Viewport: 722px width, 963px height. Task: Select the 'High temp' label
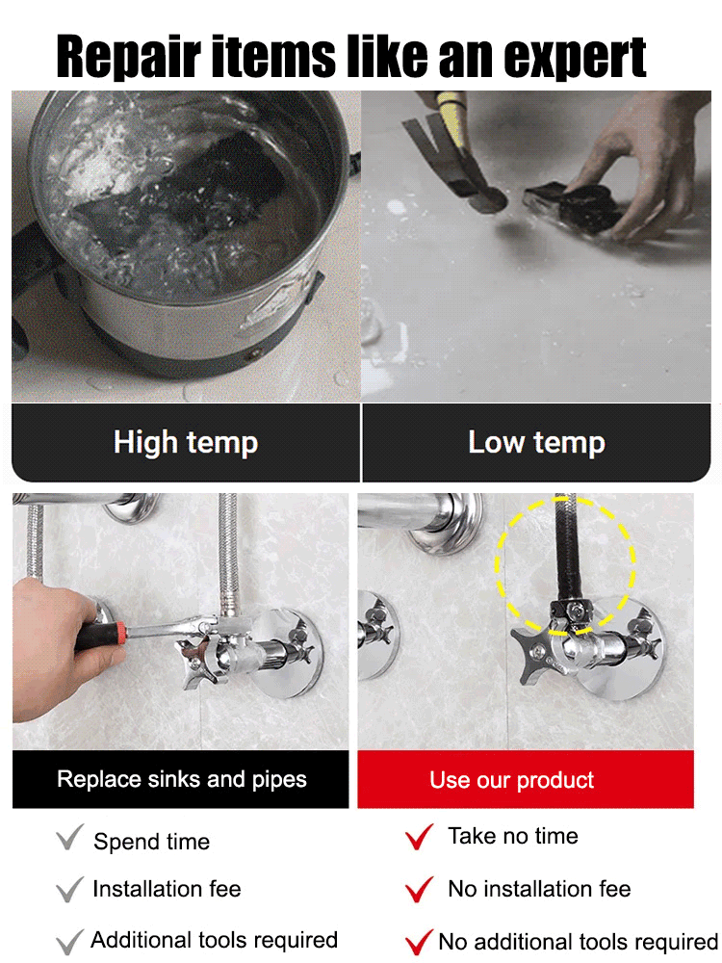click(186, 442)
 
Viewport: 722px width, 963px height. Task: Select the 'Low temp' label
click(536, 442)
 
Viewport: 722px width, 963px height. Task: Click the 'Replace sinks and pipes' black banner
click(181, 779)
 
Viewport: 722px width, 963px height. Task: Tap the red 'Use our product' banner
click(525, 779)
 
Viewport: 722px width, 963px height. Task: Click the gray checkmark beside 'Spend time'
click(69, 839)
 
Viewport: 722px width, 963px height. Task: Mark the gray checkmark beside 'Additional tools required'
click(69, 940)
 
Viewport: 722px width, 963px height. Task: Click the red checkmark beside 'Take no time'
click(419, 837)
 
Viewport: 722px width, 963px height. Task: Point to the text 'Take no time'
click(512, 836)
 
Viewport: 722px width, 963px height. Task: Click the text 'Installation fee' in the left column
click(167, 889)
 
